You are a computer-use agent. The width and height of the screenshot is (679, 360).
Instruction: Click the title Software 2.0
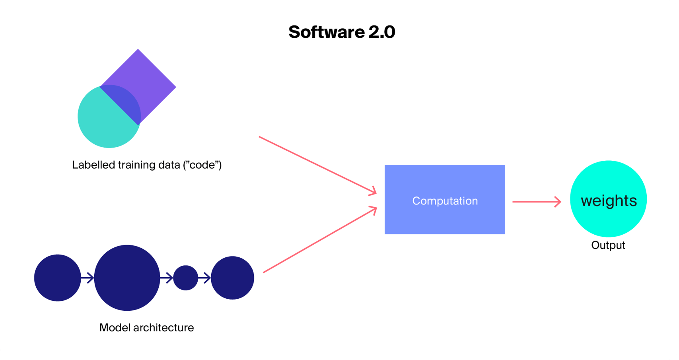pyautogui.click(x=342, y=32)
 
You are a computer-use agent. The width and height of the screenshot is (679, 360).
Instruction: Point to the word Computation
pyautogui.click(x=445, y=201)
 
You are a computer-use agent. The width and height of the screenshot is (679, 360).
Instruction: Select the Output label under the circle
pyautogui.click(x=608, y=245)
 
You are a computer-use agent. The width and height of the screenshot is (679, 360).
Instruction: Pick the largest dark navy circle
pyautogui.click(x=127, y=278)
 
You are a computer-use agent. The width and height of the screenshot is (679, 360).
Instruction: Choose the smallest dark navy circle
pyautogui.click(x=185, y=278)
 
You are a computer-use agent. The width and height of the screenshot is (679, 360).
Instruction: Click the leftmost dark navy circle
pyautogui.click(x=57, y=278)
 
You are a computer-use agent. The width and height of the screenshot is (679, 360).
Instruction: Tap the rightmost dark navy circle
pyautogui.click(x=232, y=278)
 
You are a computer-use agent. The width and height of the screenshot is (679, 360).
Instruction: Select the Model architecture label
pyautogui.click(x=146, y=327)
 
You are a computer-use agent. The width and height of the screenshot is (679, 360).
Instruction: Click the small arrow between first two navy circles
pyautogui.click(x=88, y=278)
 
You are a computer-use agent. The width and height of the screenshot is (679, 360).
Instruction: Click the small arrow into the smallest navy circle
pyautogui.click(x=167, y=278)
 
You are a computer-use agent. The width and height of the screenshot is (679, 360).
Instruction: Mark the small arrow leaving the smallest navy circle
pyautogui.click(x=204, y=278)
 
